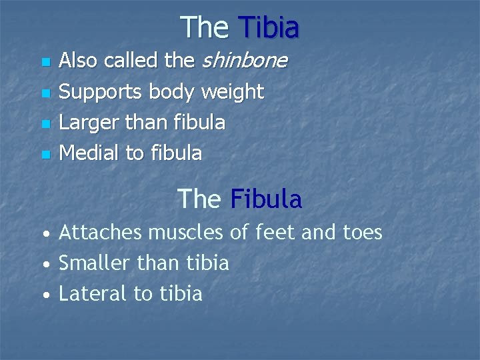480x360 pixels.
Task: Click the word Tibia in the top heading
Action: tap(268, 28)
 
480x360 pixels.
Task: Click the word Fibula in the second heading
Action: tap(266, 199)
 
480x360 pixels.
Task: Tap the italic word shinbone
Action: tap(244, 61)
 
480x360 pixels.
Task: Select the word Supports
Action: tap(101, 92)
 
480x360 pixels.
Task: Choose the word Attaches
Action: tap(101, 232)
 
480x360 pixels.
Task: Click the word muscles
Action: tap(186, 232)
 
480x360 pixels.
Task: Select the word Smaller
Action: tap(95, 263)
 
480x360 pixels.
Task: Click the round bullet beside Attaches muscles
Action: tap(44, 235)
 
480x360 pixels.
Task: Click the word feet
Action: tap(273, 232)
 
